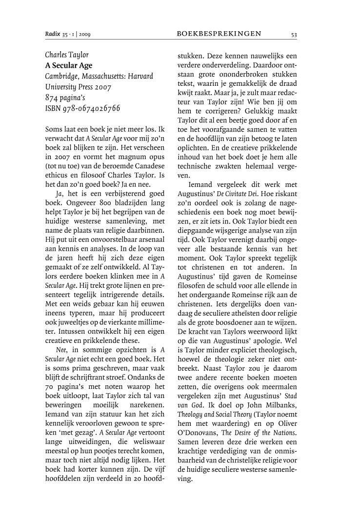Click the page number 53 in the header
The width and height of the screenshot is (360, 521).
294,34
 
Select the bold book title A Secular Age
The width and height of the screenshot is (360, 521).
69,65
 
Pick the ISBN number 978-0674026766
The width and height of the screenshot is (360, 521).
90,108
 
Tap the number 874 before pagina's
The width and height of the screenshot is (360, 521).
52,98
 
